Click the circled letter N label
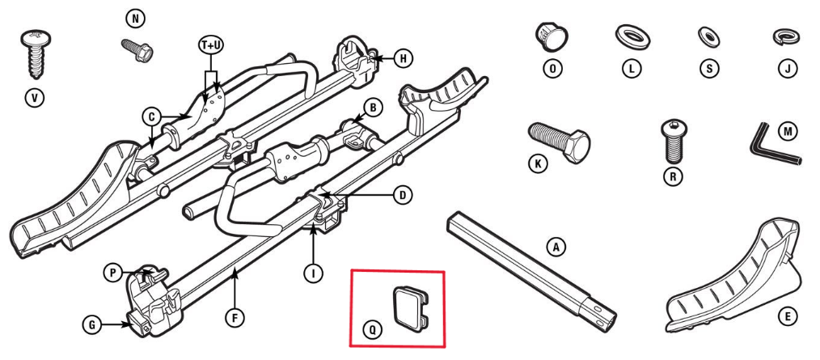[x=133, y=17]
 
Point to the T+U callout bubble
[x=210, y=47]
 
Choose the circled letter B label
[x=373, y=107]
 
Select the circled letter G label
[x=94, y=325]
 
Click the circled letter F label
[x=235, y=318]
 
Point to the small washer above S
[x=708, y=36]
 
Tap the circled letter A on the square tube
[x=554, y=248]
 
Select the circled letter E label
[x=783, y=318]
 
